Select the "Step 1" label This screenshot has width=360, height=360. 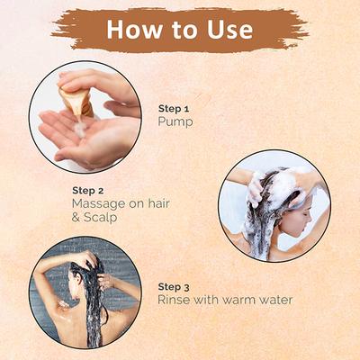174,108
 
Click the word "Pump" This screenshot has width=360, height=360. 175,122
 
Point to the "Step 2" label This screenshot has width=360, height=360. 88,191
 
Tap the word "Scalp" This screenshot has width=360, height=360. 100,218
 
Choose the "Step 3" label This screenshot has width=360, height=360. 174,287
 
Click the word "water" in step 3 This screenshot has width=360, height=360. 274,300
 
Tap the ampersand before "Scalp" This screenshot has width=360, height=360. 76,218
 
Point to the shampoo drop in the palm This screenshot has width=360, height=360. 80,130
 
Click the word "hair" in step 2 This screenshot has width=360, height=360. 159,203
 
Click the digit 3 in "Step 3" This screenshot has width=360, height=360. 186,288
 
